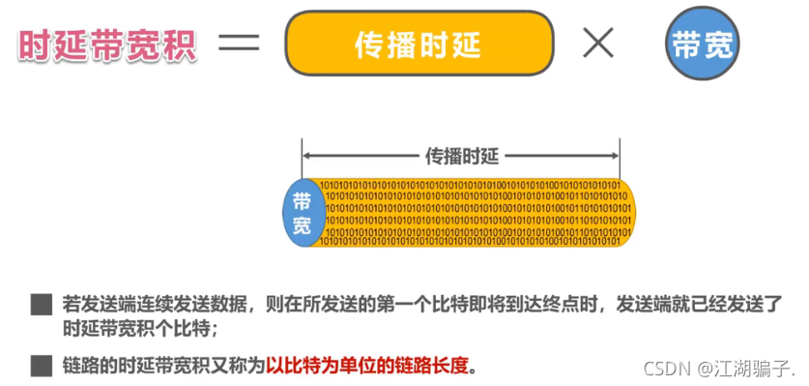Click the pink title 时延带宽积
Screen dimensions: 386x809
click(107, 45)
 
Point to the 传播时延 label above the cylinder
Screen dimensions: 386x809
click(461, 155)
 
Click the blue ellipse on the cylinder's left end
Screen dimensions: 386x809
click(303, 212)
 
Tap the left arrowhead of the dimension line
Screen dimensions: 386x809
click(306, 155)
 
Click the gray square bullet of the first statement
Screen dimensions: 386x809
click(40, 306)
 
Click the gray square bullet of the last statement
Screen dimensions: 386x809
click(40, 366)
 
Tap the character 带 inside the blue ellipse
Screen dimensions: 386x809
click(302, 200)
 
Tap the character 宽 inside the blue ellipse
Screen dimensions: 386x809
click(302, 224)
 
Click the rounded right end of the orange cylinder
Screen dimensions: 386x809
click(627, 212)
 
